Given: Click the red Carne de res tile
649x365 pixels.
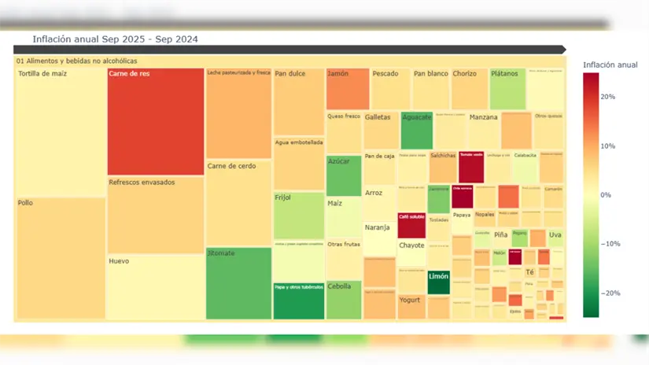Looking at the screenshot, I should (x=155, y=122).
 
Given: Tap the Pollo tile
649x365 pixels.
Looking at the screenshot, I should (x=61, y=258).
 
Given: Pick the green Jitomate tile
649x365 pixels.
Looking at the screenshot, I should (x=238, y=283).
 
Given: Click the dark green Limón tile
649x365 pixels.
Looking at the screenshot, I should (x=438, y=282).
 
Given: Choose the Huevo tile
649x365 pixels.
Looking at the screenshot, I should (x=155, y=287).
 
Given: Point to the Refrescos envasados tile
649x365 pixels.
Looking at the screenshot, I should (x=155, y=215).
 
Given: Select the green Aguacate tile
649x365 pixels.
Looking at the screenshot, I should (x=416, y=131).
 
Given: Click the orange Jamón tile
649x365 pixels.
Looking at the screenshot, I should (x=347, y=89).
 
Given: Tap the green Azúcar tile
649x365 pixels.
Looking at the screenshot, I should (x=344, y=175).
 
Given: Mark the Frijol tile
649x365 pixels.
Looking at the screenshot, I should (x=298, y=215).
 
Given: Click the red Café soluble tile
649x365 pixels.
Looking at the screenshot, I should (x=411, y=225).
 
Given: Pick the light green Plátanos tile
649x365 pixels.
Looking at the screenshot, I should (x=507, y=89).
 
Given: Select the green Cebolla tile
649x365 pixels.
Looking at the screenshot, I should (x=344, y=300).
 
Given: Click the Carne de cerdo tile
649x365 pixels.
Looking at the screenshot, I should (x=238, y=203).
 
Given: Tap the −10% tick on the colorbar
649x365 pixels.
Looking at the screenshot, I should (x=609, y=244).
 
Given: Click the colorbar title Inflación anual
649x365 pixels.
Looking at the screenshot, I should (x=610, y=65).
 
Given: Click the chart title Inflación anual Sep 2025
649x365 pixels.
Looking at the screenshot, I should (x=115, y=39).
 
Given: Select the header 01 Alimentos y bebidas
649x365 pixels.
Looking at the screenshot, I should (x=77, y=61).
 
